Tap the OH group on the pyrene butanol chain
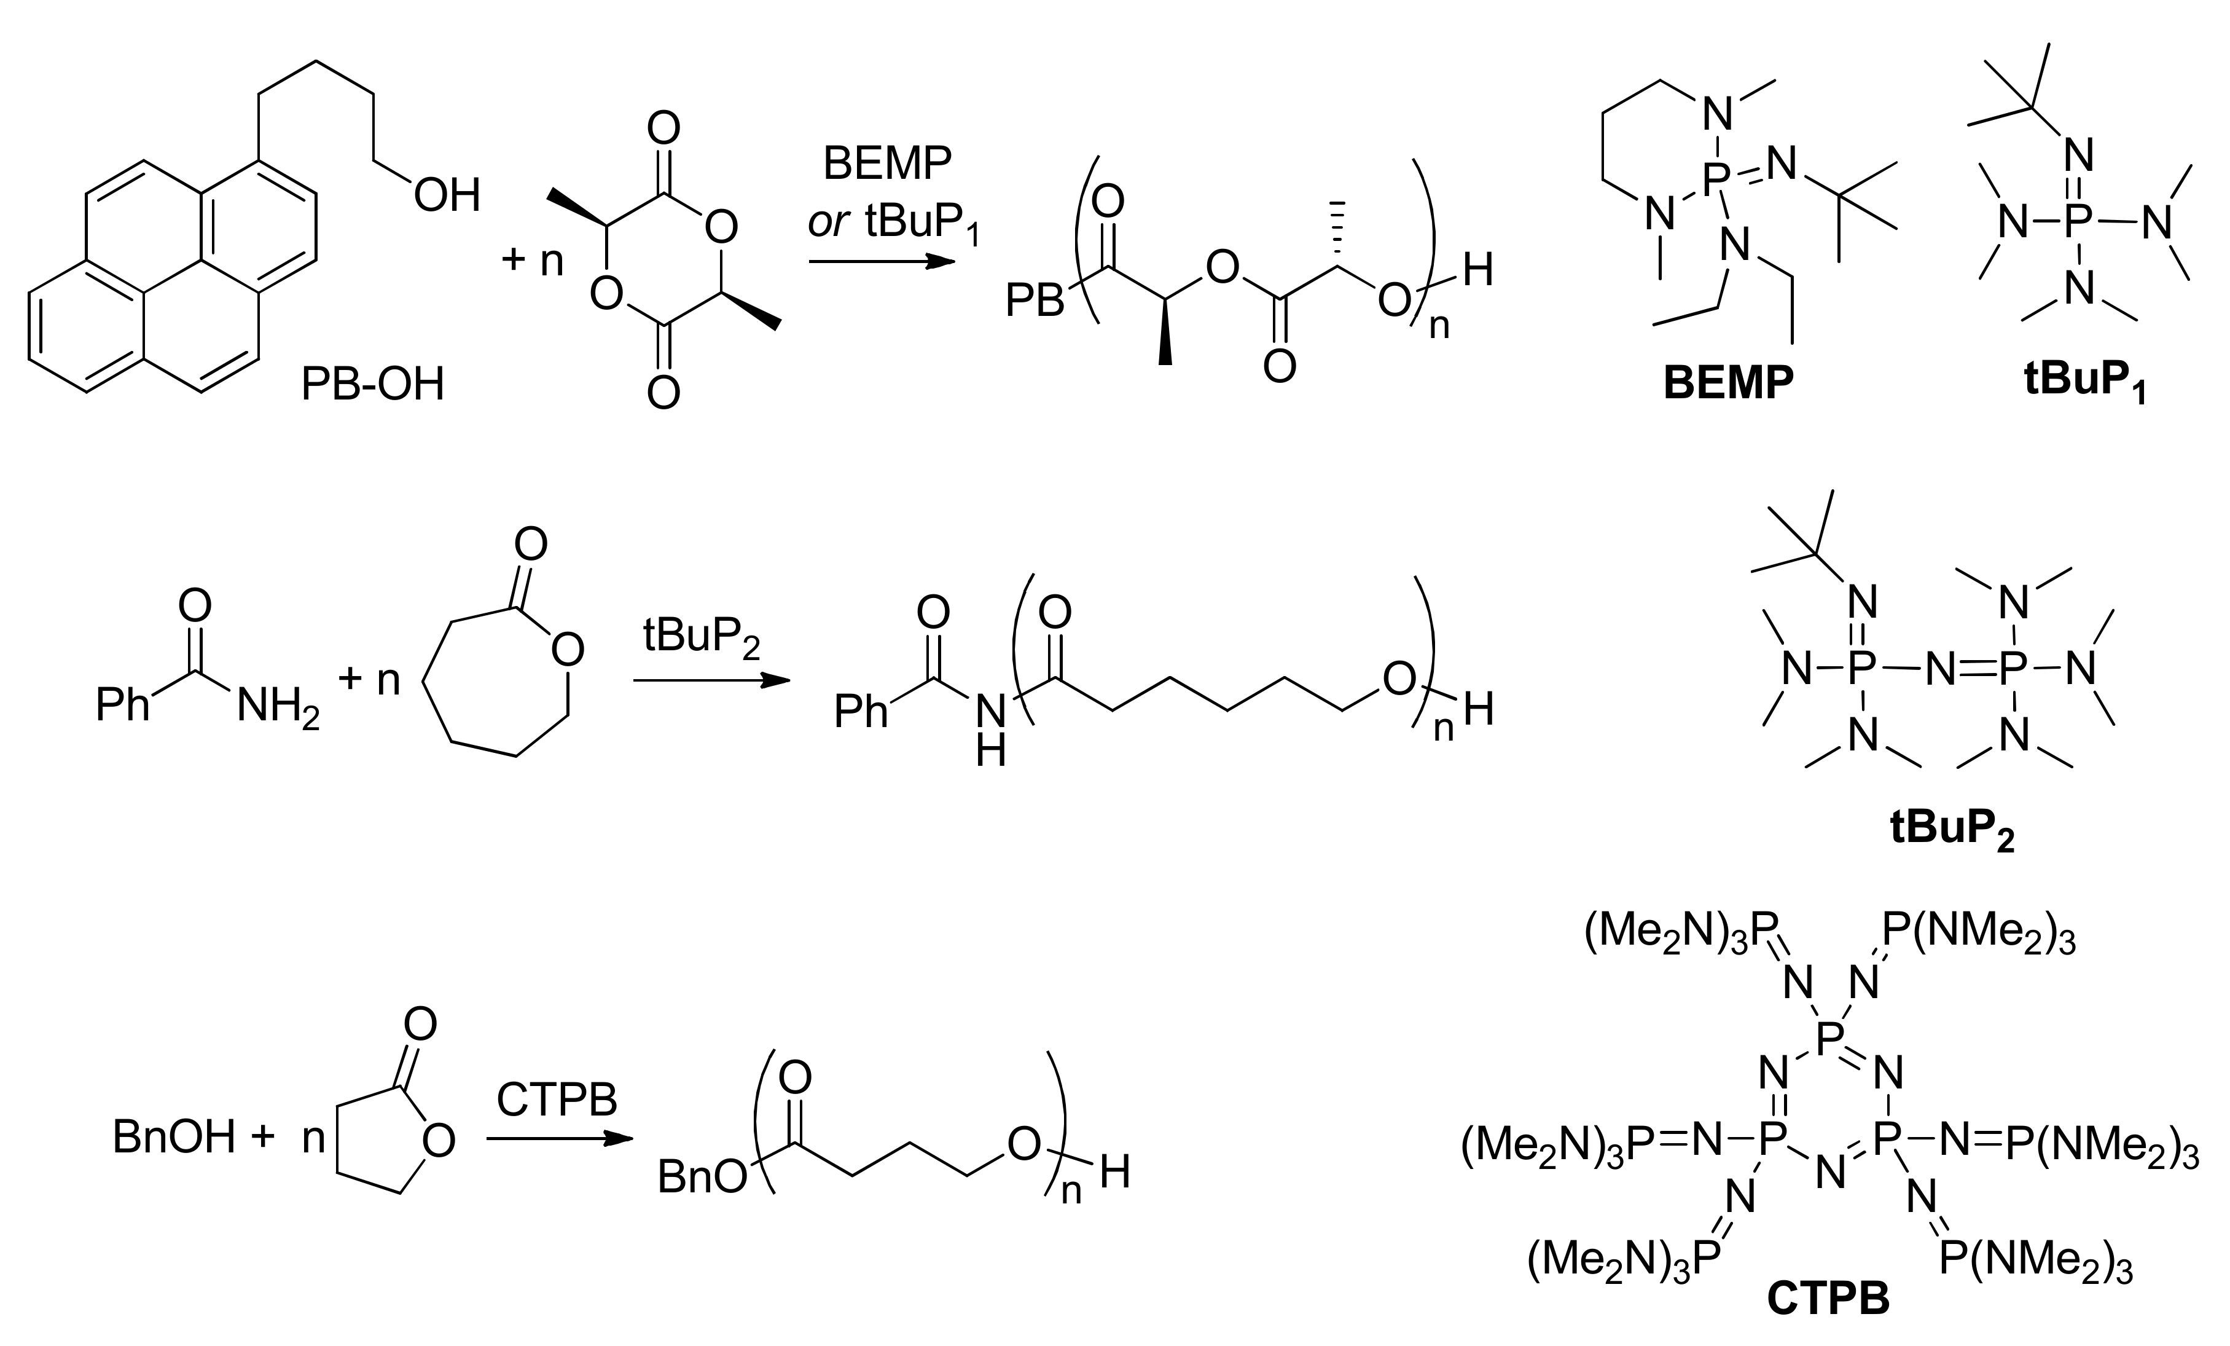click(x=446, y=195)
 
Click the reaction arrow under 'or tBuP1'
click(x=882, y=262)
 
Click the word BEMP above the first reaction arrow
click(x=887, y=164)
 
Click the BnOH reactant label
click(x=174, y=1138)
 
